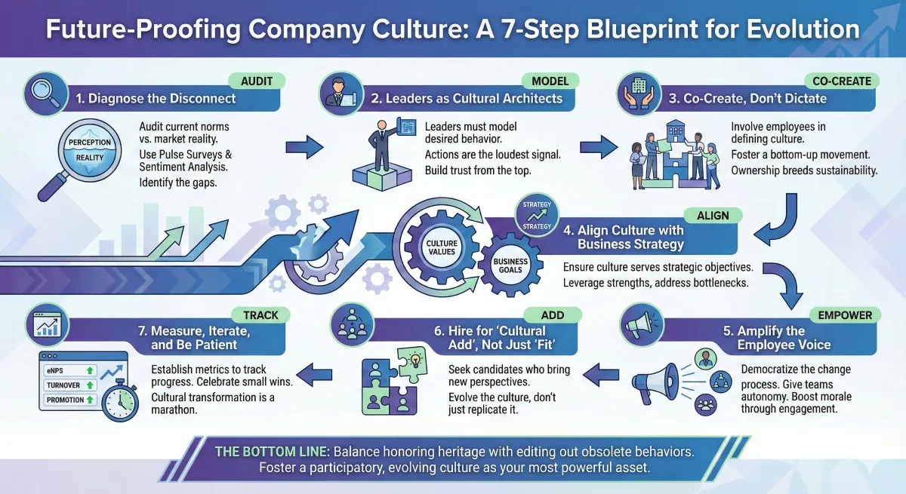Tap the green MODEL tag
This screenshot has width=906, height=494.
coord(550,81)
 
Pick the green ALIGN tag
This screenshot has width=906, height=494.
coord(713,216)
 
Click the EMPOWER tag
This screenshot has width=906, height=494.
coord(844,315)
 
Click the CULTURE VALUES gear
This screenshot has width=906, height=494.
coord(442,247)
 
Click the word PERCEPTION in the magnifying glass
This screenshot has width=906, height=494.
coord(89,142)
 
